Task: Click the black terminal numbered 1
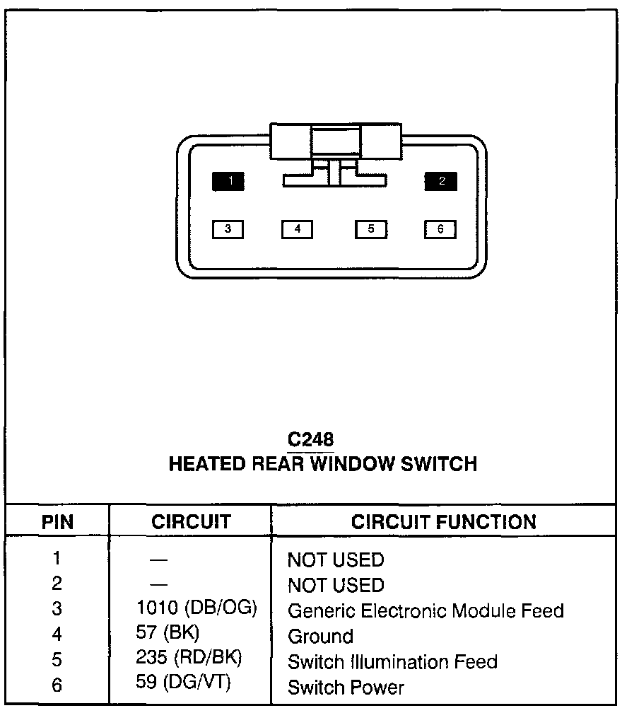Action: click(228, 182)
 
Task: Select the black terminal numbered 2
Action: click(441, 181)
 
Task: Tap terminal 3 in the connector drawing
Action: click(228, 229)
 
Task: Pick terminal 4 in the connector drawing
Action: click(298, 229)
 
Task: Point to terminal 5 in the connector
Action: click(370, 229)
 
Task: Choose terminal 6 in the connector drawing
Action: click(440, 229)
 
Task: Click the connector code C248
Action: click(310, 439)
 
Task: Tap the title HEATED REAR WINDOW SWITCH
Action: click(323, 464)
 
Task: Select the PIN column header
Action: click(57, 523)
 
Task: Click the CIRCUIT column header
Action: click(191, 522)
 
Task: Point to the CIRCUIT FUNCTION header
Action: click(444, 522)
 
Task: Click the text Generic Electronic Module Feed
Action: click(426, 610)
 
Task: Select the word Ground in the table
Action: click(320, 636)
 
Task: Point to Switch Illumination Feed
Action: click(392, 661)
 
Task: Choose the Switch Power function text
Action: click(346, 687)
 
